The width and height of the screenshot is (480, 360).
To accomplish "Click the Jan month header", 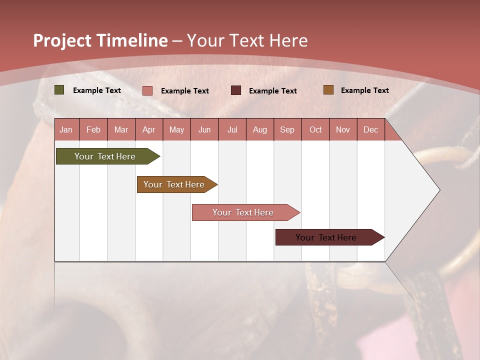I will pos(66,129).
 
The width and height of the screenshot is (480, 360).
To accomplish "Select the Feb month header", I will pos(93,129).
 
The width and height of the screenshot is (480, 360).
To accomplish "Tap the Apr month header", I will pos(149,129).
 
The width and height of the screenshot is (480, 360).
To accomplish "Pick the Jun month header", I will pos(204,129).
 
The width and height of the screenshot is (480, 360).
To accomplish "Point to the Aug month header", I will pos(260,129).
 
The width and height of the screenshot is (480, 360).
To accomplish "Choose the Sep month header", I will pos(287,129).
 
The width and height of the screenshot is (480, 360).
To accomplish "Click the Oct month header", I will pos(315,129).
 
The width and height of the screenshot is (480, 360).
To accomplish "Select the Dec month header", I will pos(371,129).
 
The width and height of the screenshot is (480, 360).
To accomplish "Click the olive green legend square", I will pos(59,90).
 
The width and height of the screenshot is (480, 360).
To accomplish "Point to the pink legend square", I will pos(147,90).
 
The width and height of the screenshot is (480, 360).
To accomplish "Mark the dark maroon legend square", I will pos(236,90).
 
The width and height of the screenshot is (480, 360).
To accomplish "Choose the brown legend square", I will pos(328,90).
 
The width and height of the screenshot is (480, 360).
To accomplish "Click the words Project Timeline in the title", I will pos(100,40).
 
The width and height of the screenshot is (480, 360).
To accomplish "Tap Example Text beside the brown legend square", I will pos(364,90).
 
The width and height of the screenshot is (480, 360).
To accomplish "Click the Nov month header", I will pos(343,129).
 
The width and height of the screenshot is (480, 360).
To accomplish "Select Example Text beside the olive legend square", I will pos(97,90).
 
